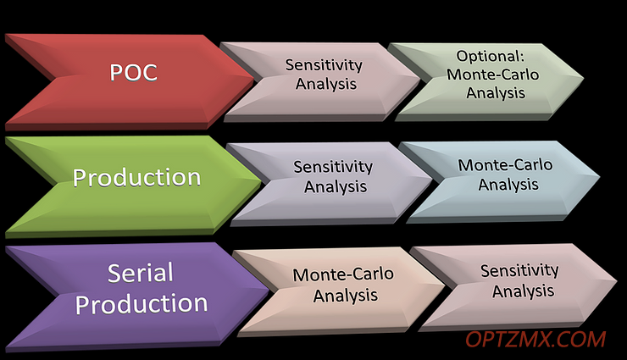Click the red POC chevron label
coord(134,72)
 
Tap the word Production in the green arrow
coord(136,177)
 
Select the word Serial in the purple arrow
coord(141,273)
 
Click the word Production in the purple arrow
coord(141,303)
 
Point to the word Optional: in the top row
coord(491,56)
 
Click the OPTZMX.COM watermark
coord(535,340)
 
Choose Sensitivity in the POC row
coord(324,65)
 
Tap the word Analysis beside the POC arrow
coord(326,84)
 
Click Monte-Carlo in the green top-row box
coord(493,75)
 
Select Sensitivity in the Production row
coord(333,167)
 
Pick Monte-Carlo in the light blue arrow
coord(506,165)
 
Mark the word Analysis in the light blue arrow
coord(508,185)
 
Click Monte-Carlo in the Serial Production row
coord(343,274)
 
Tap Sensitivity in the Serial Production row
coord(520,271)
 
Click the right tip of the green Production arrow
coord(261,182)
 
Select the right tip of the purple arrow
coord(269,289)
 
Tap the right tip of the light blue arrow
coord(599,176)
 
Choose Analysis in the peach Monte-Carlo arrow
coord(346,296)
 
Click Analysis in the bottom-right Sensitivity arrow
coord(524,291)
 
